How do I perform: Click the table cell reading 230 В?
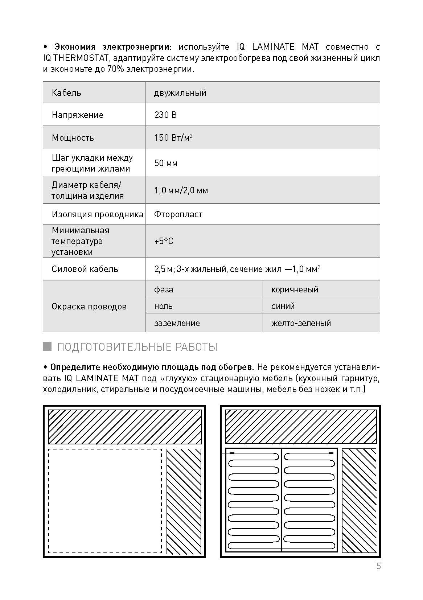point(165,115)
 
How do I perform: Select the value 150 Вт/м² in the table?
point(173,137)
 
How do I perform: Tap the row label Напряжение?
point(78,115)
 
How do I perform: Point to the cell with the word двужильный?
point(180,93)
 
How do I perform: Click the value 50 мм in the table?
point(166,163)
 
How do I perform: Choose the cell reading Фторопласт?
point(178,214)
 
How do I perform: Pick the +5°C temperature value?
point(164,241)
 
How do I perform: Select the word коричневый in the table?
point(295,289)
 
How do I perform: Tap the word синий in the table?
point(283,306)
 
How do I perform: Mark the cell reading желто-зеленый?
point(301,323)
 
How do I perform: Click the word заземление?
point(177,323)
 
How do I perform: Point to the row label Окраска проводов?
point(89,307)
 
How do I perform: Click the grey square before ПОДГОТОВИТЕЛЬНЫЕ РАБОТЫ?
point(47,346)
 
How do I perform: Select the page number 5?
point(378,566)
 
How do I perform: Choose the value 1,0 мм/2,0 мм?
point(181,190)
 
